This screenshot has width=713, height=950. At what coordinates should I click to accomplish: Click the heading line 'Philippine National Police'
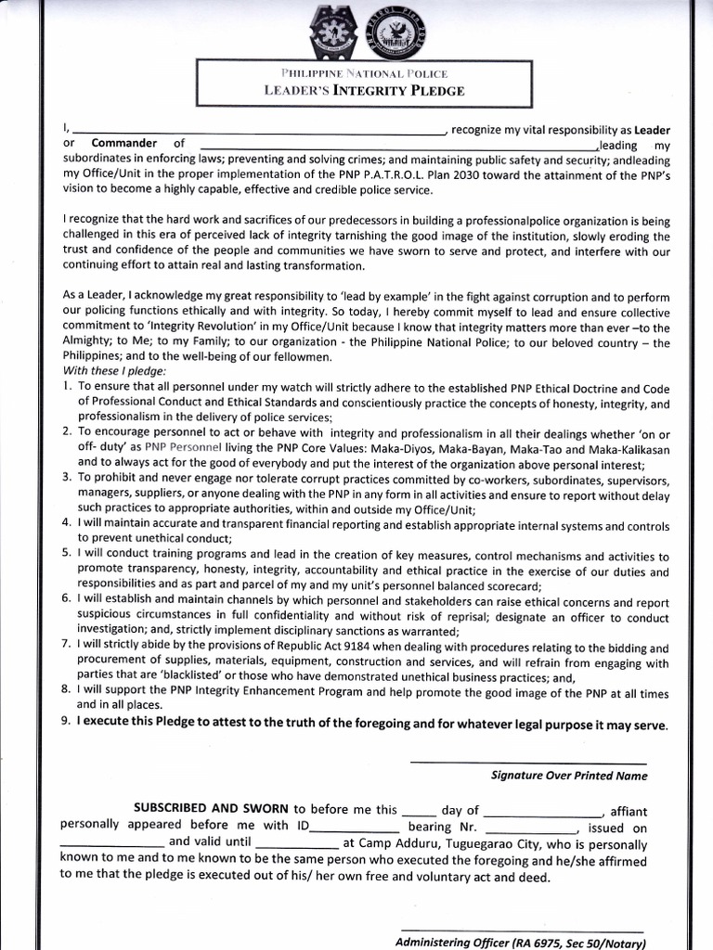(364, 73)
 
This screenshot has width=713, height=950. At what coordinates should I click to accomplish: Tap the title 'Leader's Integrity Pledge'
(364, 91)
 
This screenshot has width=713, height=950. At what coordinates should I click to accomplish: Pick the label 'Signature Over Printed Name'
(568, 776)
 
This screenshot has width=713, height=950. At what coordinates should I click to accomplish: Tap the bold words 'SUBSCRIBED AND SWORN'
(211, 809)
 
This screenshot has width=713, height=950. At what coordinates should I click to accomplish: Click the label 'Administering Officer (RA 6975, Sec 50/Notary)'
(519, 943)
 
